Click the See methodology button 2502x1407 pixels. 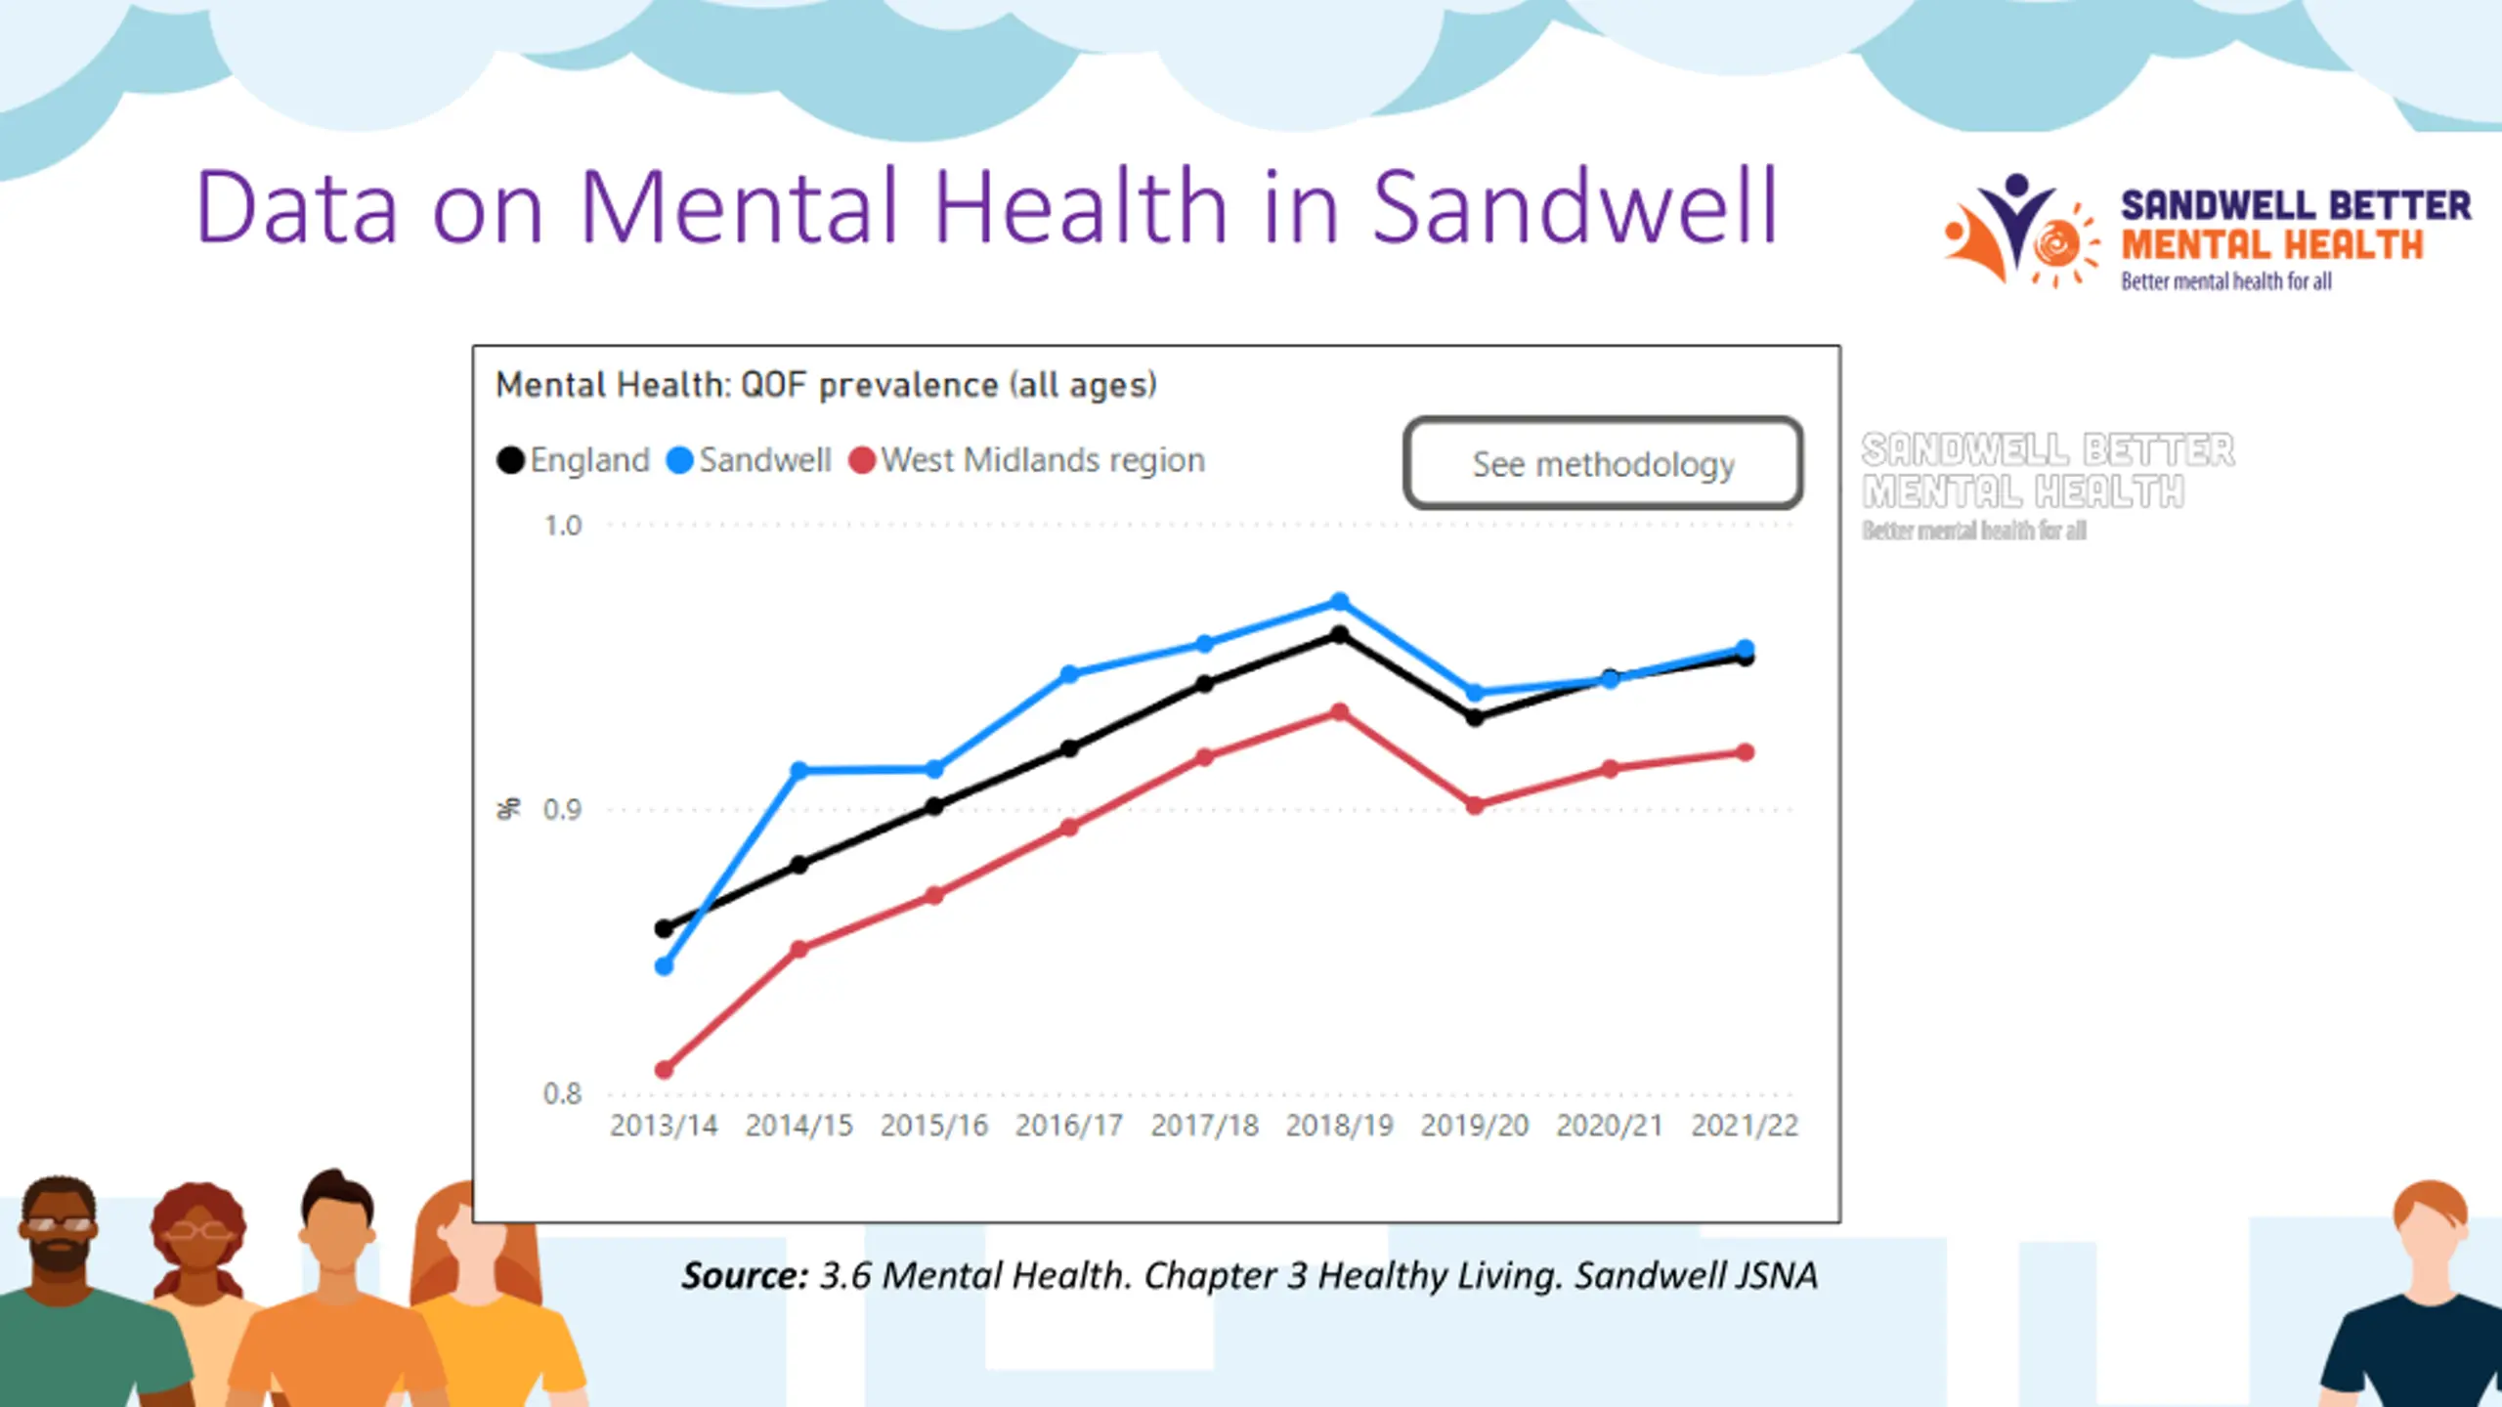click(x=1603, y=463)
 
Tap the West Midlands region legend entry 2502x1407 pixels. click(x=1027, y=460)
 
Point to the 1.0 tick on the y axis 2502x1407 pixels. click(x=562, y=526)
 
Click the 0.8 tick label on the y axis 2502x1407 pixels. click(x=562, y=1093)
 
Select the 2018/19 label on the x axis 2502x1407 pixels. click(x=1339, y=1126)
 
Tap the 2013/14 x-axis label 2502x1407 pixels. click(x=664, y=1126)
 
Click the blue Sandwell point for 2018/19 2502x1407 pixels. click(x=1340, y=602)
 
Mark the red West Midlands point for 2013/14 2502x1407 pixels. click(x=664, y=1070)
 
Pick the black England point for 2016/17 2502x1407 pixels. click(x=1069, y=748)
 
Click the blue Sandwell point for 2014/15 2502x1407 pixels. click(x=798, y=771)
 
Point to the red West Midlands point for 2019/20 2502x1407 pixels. click(x=1475, y=805)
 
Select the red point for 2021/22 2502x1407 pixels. click(x=1745, y=752)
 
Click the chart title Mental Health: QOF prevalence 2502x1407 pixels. click(x=826, y=385)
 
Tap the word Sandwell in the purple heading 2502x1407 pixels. click(x=1575, y=207)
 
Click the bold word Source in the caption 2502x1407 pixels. click(x=745, y=1275)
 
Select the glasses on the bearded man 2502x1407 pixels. click(x=60, y=1223)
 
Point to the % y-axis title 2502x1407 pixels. click(x=508, y=809)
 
